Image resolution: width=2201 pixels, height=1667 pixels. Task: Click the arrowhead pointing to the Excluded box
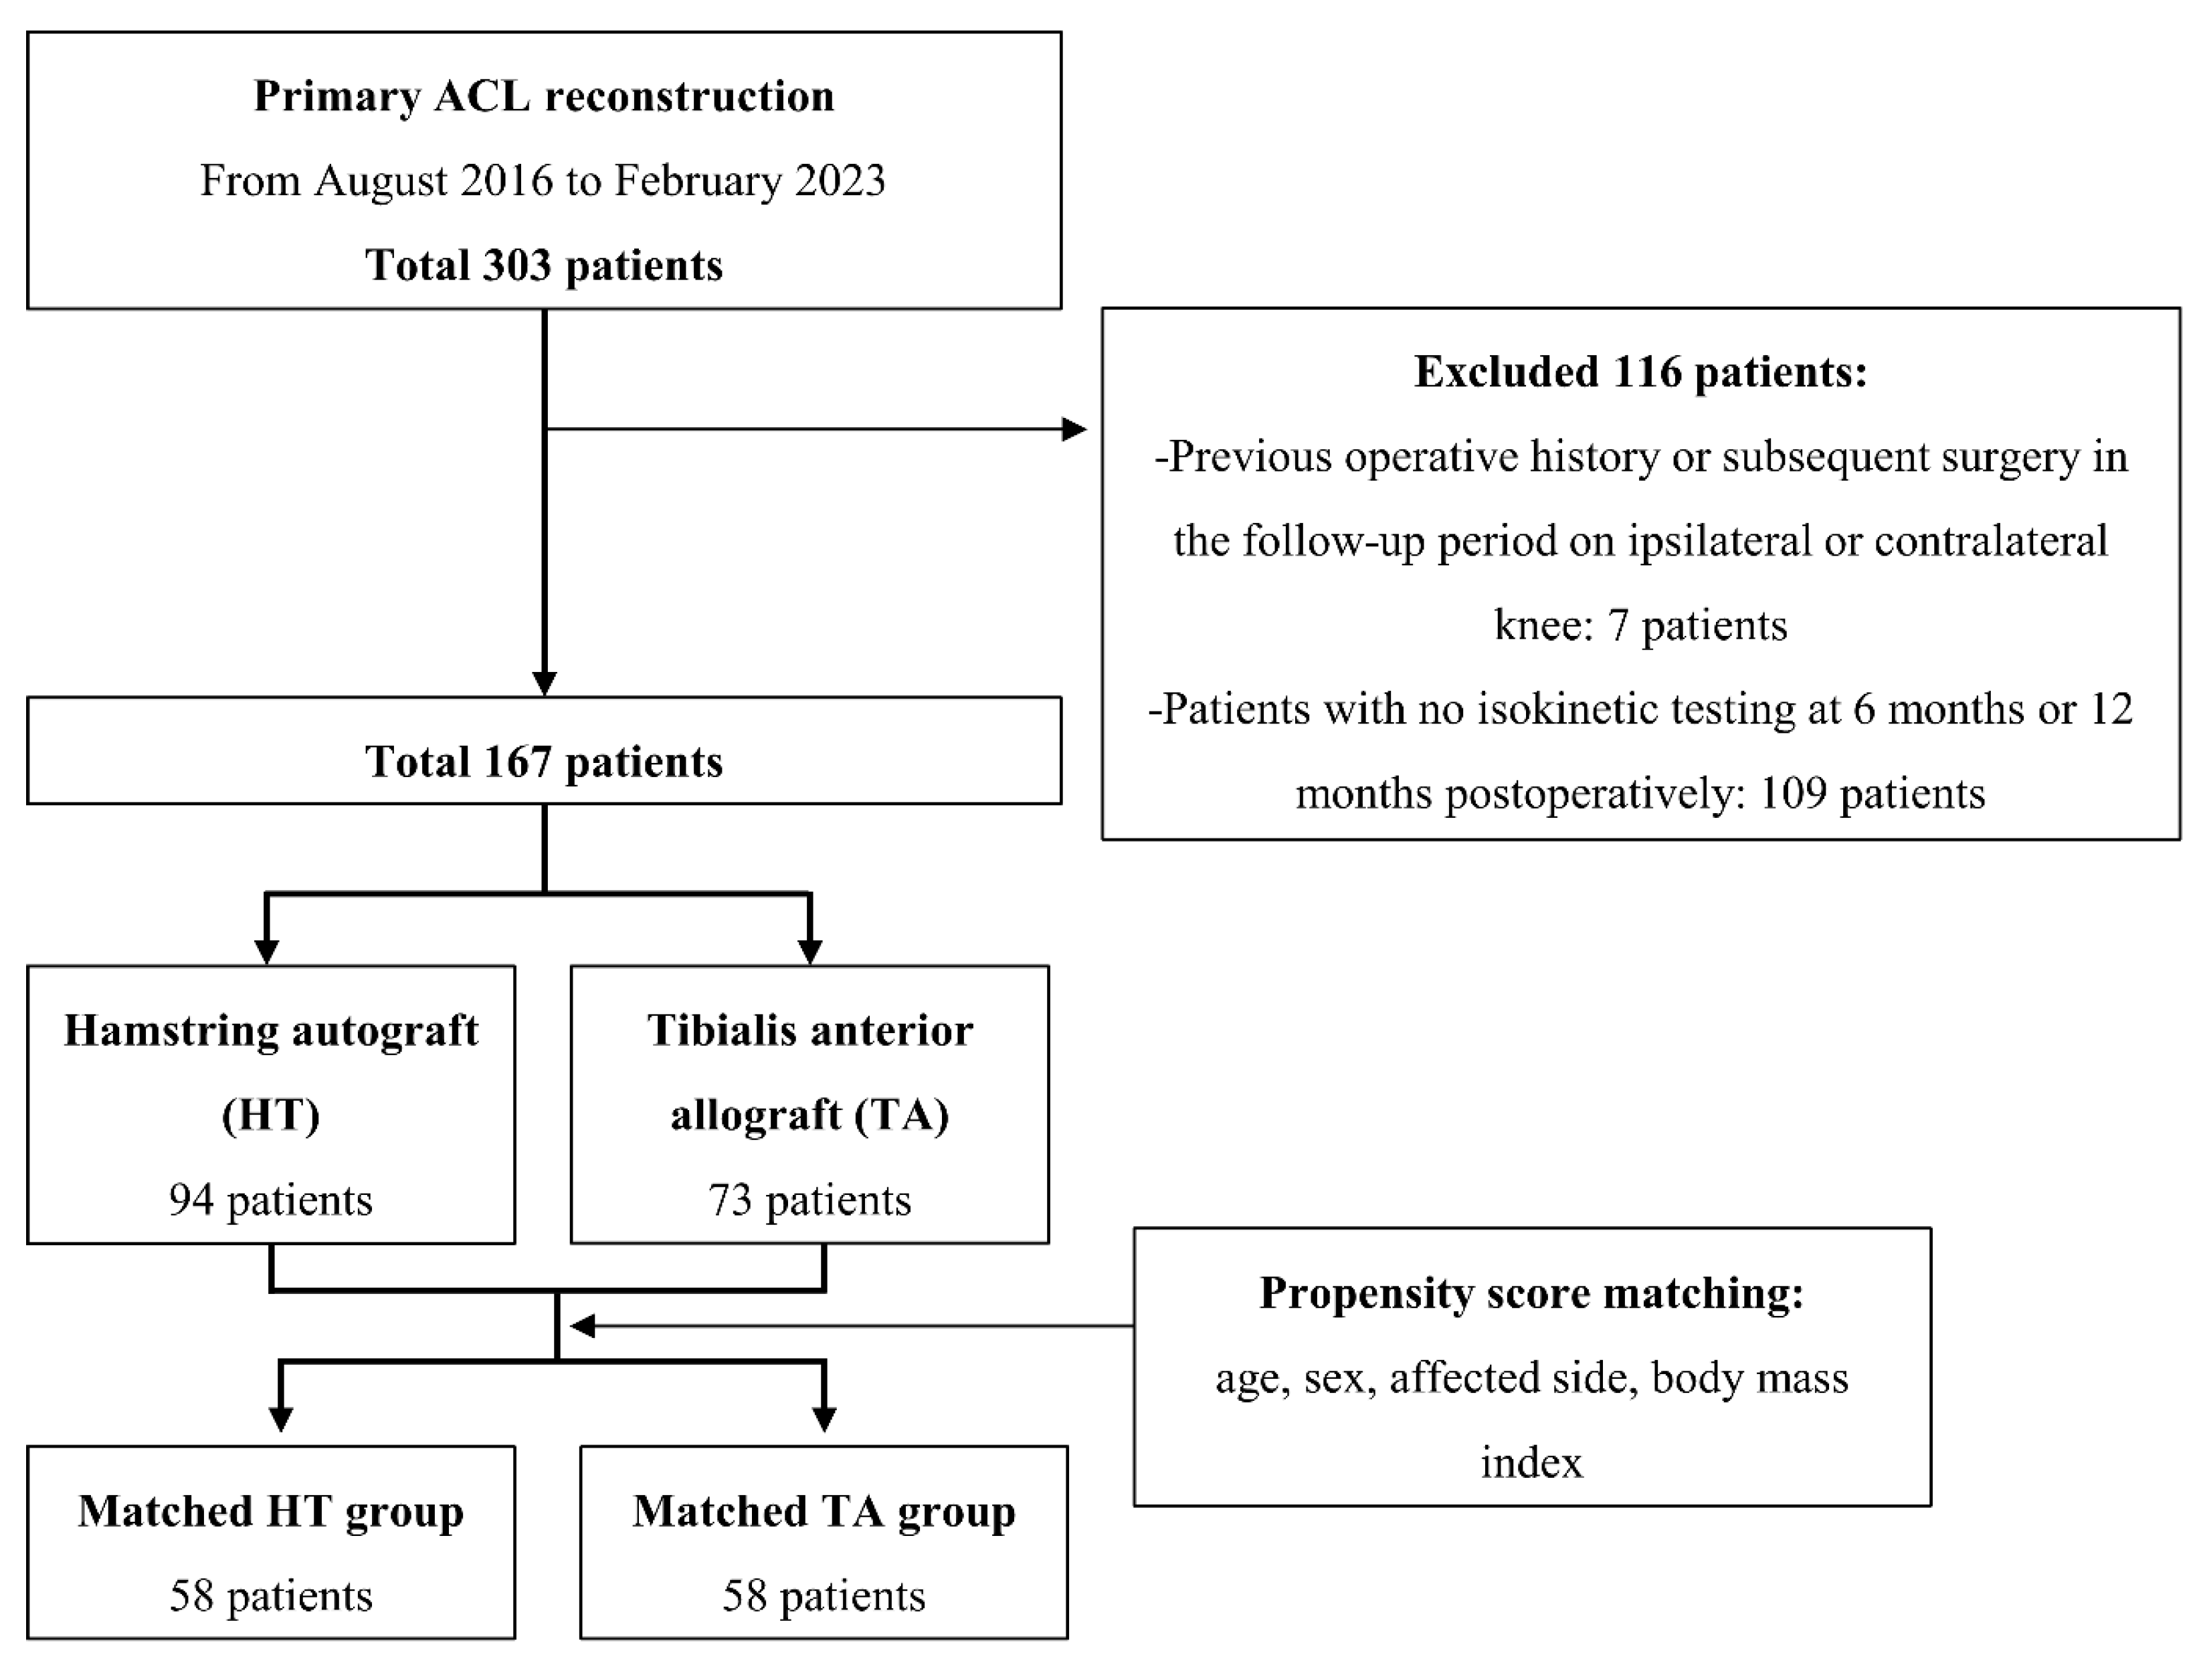1074,430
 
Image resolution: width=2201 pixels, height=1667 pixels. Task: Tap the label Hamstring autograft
271,1030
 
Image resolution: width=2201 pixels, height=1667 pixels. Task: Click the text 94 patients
271,1200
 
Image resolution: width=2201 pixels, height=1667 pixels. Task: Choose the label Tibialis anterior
810,1030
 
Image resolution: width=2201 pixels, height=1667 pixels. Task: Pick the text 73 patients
810,1200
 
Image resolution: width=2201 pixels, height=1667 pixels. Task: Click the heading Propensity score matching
1531,1293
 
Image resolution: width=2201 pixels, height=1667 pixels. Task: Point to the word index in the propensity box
1531,1463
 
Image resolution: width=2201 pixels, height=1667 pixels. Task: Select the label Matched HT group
271,1512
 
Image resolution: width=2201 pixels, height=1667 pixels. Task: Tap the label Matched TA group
824,1512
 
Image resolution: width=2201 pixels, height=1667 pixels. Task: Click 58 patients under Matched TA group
824,1596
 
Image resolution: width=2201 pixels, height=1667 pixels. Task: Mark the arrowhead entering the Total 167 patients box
545,683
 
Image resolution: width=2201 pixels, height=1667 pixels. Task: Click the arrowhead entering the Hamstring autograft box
267,951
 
